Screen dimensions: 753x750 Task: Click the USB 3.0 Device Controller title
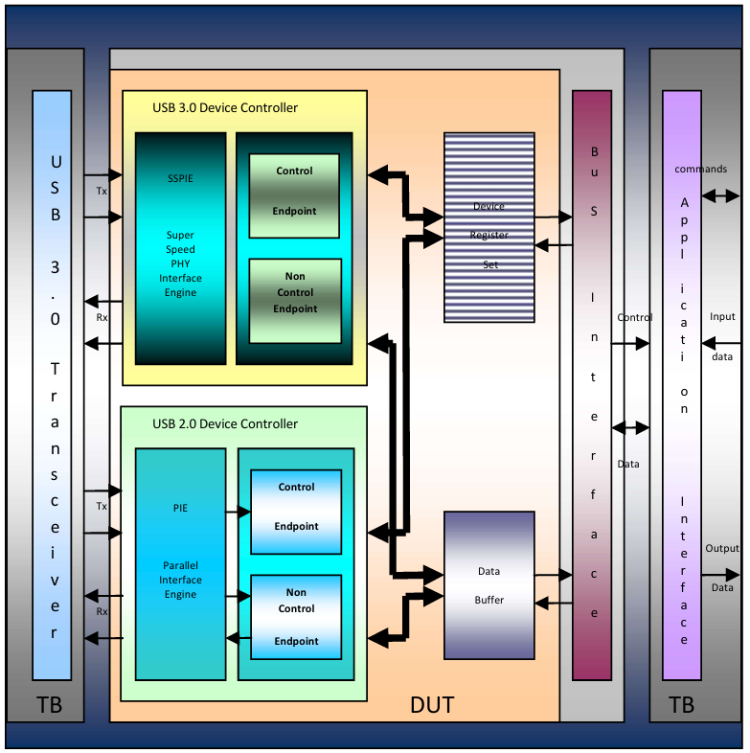pyautogui.click(x=225, y=107)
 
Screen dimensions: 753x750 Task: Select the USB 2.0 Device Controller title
pyautogui.click(x=225, y=423)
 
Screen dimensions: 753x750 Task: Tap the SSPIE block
pyautogui.click(x=180, y=247)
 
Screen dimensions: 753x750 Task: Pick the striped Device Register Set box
pyautogui.click(x=489, y=227)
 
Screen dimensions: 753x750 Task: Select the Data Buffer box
pyautogui.click(x=489, y=584)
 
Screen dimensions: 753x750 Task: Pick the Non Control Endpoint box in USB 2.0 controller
pyautogui.click(x=296, y=617)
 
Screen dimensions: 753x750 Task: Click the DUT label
pyautogui.click(x=432, y=706)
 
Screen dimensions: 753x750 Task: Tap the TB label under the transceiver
pyautogui.click(x=51, y=706)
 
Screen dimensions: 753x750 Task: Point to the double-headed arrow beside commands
pyautogui.click(x=719, y=195)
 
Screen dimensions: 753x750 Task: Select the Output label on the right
pyautogui.click(x=722, y=549)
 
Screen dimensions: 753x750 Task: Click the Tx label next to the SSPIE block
pyautogui.click(x=102, y=192)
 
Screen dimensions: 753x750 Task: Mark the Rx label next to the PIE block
pyautogui.click(x=102, y=611)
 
